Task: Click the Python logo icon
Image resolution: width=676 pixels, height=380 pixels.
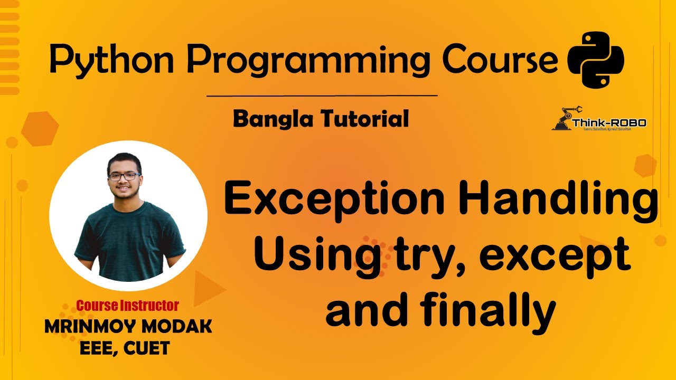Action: click(595, 59)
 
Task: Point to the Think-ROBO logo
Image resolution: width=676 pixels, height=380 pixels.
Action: click(599, 120)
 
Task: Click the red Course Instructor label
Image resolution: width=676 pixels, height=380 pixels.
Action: click(127, 305)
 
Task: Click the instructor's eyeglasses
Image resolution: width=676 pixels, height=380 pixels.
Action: click(125, 176)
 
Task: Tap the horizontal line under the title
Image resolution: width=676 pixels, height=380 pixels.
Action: click(322, 96)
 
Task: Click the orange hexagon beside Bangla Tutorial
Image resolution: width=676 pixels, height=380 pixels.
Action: click(40, 128)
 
